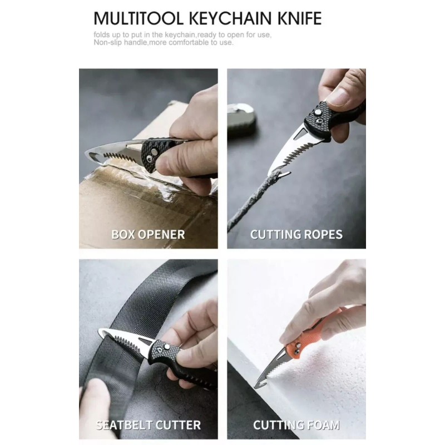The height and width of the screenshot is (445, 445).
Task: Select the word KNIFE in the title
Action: coord(299,18)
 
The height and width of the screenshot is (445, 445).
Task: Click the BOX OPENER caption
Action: coord(148,234)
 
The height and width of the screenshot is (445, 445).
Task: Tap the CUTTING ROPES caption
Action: coord(296,234)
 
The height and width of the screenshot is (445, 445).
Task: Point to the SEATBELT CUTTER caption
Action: coord(148,426)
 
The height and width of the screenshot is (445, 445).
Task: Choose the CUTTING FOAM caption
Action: coord(296,426)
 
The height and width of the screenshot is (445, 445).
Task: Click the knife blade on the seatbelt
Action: coord(125,339)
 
